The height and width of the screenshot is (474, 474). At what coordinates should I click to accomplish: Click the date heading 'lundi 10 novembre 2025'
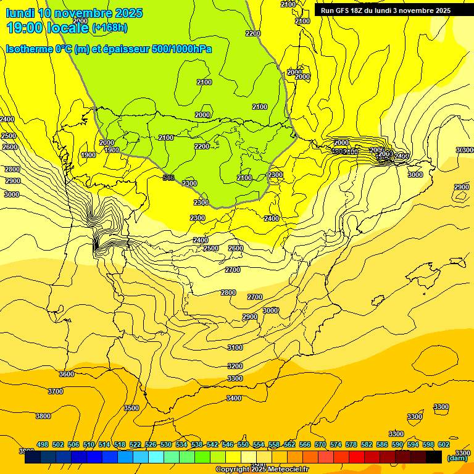[74, 13]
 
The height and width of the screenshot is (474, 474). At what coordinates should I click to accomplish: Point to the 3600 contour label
[67, 374]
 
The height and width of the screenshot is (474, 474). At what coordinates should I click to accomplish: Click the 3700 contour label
[56, 391]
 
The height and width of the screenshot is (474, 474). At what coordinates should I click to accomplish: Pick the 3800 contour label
[43, 416]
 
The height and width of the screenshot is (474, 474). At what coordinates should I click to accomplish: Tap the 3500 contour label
[131, 408]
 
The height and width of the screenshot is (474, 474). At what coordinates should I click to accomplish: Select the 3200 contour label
[235, 366]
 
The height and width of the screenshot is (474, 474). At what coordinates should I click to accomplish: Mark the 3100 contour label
[235, 347]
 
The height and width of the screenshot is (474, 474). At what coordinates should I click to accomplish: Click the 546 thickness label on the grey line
[168, 178]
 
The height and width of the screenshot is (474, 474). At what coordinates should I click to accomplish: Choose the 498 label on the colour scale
[43, 444]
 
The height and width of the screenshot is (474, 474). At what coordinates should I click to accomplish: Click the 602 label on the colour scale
[444, 444]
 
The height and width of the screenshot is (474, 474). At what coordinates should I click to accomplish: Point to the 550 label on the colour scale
[243, 444]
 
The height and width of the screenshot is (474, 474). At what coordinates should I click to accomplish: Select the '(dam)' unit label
[457, 458]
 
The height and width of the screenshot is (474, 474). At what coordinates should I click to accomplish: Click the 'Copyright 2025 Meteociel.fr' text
[262, 470]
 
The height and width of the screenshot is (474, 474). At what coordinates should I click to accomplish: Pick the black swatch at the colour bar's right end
[434, 457]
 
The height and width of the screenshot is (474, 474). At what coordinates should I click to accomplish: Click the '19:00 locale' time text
[48, 28]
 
